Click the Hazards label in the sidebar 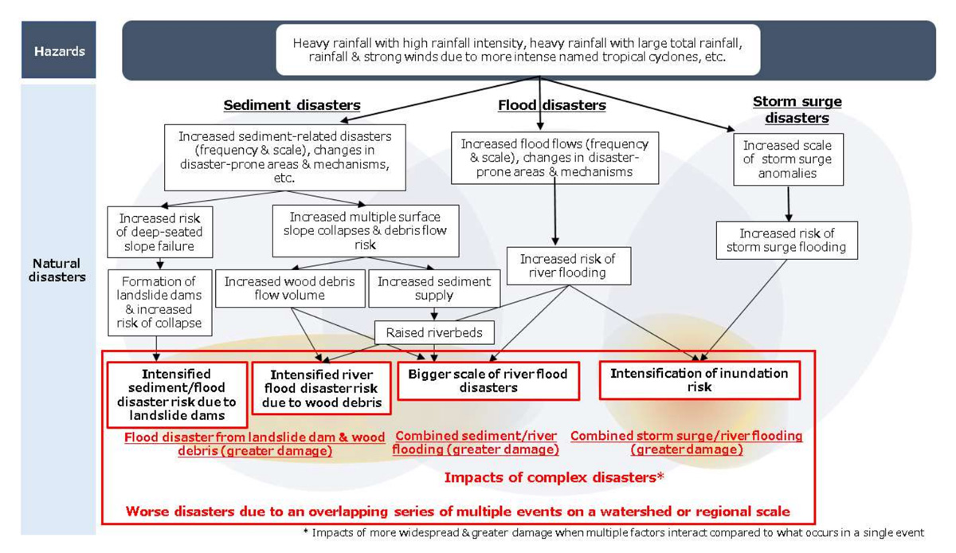pos(58,50)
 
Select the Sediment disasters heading pos(292,105)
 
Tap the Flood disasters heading pos(551,105)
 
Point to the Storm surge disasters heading pos(797,109)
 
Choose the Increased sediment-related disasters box pos(284,157)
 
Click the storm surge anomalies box pos(788,159)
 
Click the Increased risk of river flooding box pos(568,265)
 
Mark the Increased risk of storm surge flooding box pos(786,241)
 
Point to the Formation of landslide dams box pos(160,302)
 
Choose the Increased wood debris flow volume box pos(289,288)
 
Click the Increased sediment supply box pos(434,288)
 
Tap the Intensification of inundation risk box pos(699,380)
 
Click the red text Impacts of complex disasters pos(554,478)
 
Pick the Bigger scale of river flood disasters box pos(488,380)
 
